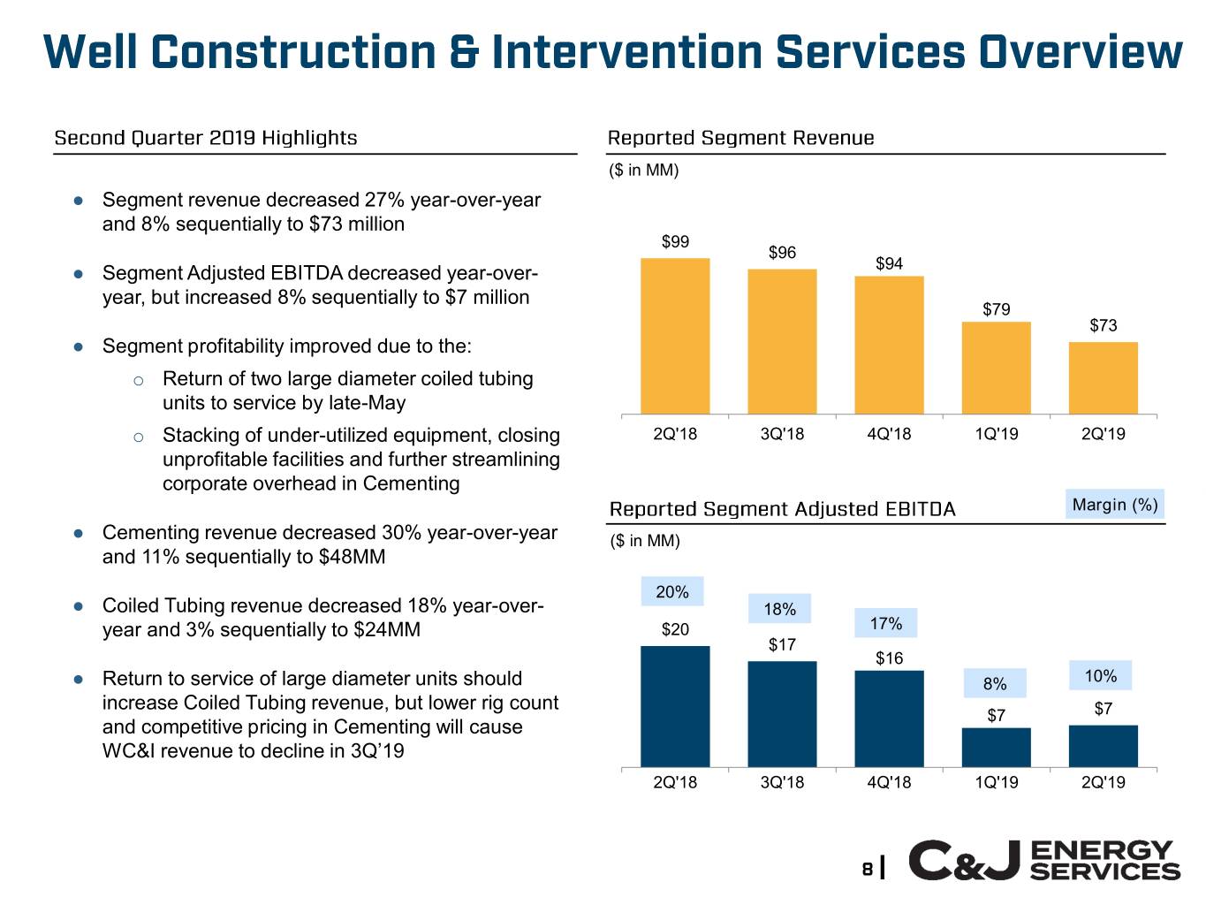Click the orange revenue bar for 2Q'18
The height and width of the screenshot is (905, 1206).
pyautogui.click(x=675, y=336)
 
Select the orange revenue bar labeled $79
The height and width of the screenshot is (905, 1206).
pyautogui.click(x=996, y=368)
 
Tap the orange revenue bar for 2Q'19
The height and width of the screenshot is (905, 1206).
pyautogui.click(x=1103, y=377)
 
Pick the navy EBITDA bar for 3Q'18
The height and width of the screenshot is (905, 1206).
pyautogui.click(x=782, y=713)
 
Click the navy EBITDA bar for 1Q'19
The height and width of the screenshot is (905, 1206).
pyautogui.click(x=996, y=747)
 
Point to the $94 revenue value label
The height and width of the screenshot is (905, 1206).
pyautogui.click(x=889, y=263)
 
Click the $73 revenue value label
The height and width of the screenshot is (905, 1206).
pyautogui.click(x=1103, y=325)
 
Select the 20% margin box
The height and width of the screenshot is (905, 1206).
pyautogui.click(x=672, y=592)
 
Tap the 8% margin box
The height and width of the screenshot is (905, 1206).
pyautogui.click(x=995, y=683)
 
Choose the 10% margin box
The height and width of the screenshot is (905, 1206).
pyautogui.click(x=1100, y=676)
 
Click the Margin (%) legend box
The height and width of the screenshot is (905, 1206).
pyautogui.click(x=1114, y=505)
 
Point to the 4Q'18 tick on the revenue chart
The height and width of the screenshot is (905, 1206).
pyautogui.click(x=889, y=434)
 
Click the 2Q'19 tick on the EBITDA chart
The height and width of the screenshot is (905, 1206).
pyautogui.click(x=1103, y=782)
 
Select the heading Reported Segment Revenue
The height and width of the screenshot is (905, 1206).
pyautogui.click(x=740, y=138)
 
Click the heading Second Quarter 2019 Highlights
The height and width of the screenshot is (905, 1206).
pyautogui.click(x=206, y=138)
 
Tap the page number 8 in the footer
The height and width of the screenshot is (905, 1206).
pyautogui.click(x=868, y=868)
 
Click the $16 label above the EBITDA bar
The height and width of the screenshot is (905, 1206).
pyautogui.click(x=889, y=658)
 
